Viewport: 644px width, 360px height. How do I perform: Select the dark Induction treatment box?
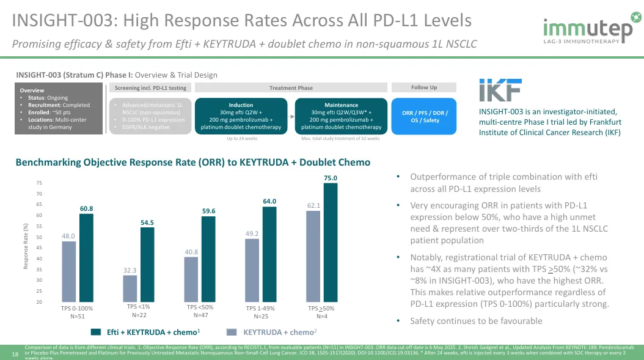click(240, 116)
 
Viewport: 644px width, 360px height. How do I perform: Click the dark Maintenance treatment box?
click(342, 116)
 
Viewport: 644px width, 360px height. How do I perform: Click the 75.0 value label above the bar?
click(331, 178)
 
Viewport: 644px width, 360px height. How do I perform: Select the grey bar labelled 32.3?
click(130, 288)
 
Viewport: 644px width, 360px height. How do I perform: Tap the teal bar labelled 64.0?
click(269, 254)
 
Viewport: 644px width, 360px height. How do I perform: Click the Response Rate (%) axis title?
click(26, 246)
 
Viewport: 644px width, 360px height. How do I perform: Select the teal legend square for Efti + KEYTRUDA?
click(95, 332)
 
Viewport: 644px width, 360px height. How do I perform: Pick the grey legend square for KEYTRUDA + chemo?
click(232, 332)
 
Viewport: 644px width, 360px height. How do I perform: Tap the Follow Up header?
click(423, 87)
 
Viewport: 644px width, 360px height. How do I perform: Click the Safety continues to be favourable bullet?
click(476, 321)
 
